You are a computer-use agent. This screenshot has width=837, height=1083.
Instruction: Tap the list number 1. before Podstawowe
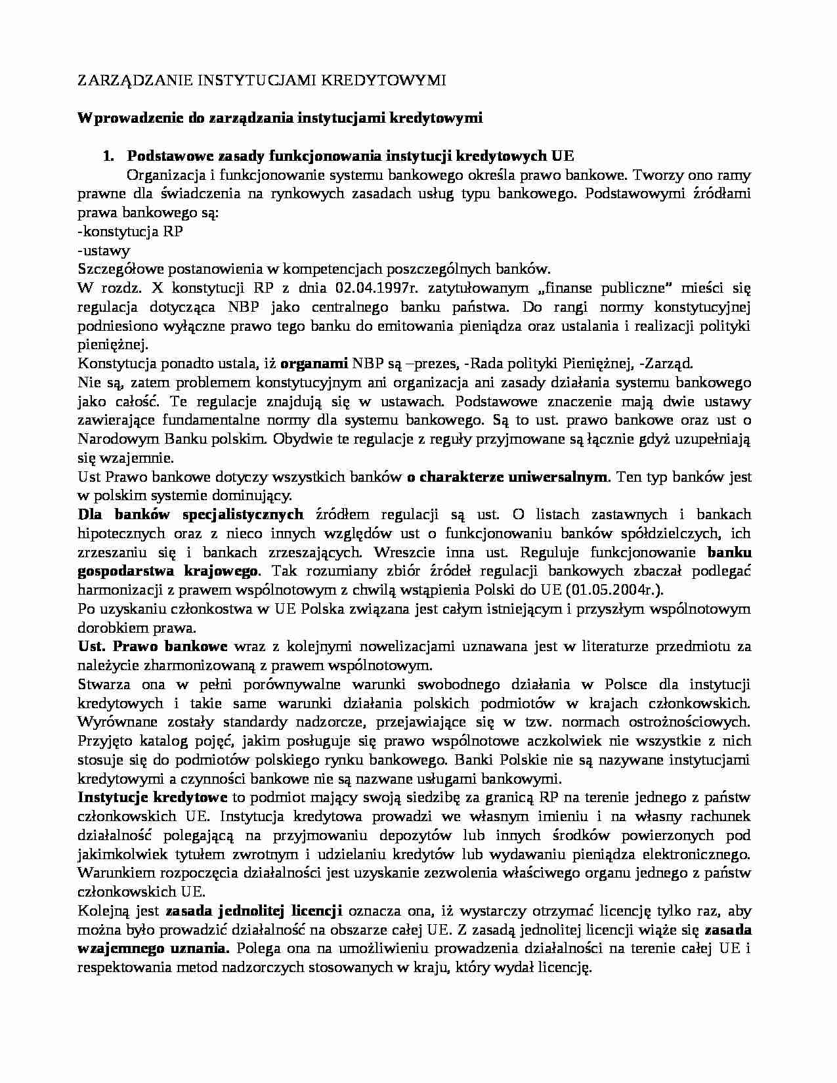pos(108,156)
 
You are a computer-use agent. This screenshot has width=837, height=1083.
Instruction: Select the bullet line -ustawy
pos(104,250)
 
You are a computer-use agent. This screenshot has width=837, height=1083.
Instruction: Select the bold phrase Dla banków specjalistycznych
pos(190,515)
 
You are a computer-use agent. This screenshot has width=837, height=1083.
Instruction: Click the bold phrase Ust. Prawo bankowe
pos(152,647)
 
